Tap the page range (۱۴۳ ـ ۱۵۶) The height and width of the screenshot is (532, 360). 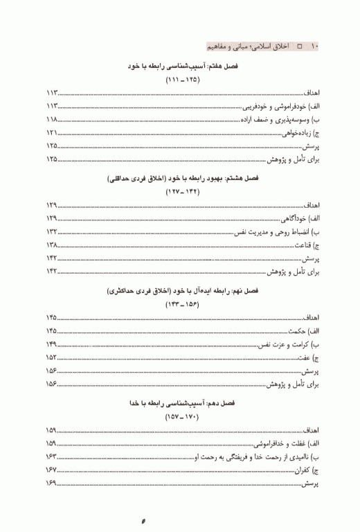[x=181, y=305]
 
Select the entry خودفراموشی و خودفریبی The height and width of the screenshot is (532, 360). [x=271, y=107]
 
